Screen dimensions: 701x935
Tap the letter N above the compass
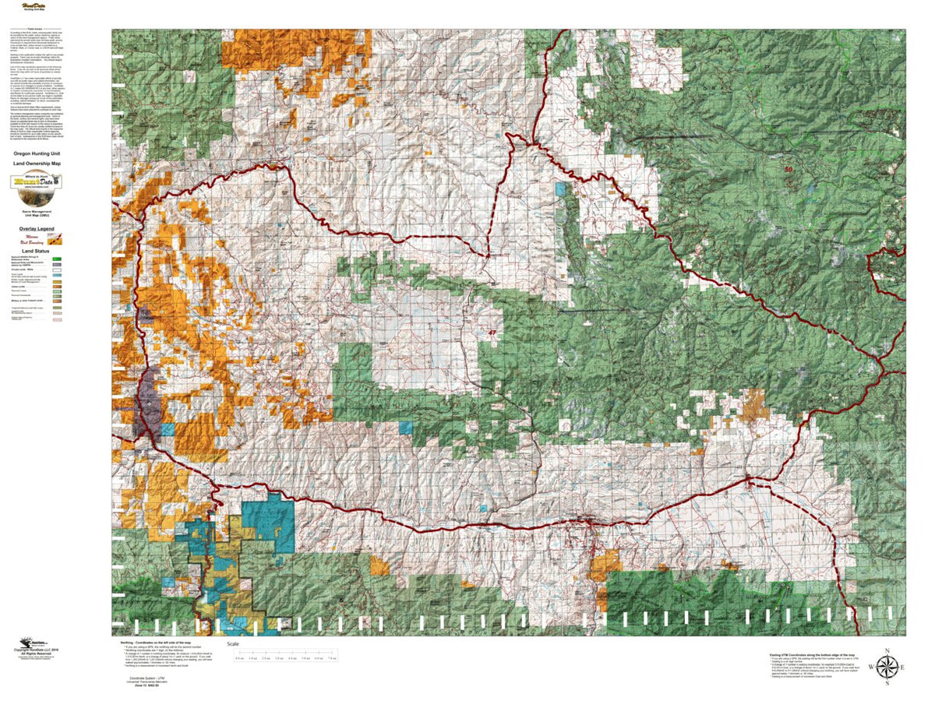tap(886, 650)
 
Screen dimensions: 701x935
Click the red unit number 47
tap(492, 333)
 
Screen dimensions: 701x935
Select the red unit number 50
tap(788, 169)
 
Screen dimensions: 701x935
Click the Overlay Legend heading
tap(36, 228)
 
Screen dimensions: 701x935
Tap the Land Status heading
tap(36, 249)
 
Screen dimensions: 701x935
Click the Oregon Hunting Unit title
tap(37, 154)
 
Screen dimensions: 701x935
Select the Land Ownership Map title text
tap(37, 162)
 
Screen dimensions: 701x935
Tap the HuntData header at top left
tap(34, 6)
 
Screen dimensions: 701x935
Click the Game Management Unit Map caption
tap(37, 214)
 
